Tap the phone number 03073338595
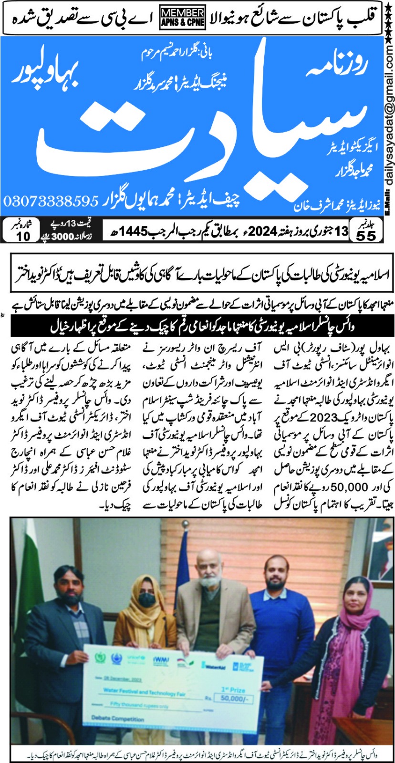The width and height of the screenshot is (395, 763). click(51, 201)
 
